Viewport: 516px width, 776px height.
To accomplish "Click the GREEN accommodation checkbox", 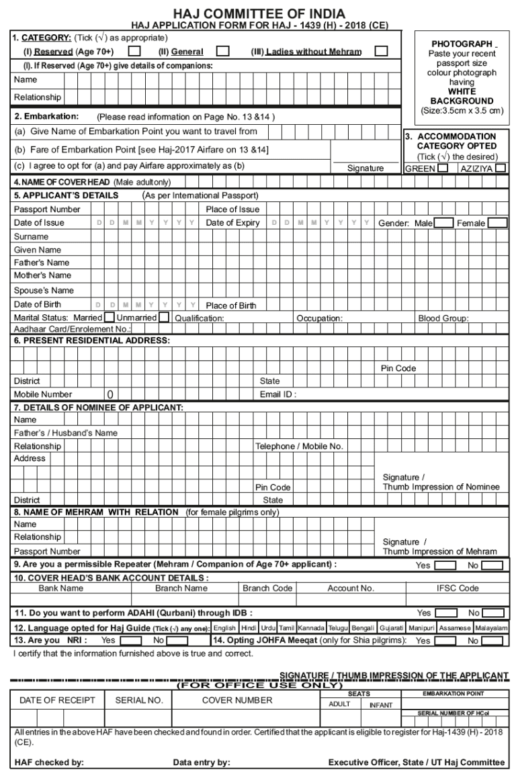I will [443, 168].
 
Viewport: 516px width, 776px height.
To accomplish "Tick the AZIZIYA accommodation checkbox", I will [500, 168].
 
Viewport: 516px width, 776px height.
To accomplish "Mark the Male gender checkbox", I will [443, 223].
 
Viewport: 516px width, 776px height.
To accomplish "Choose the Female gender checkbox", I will [498, 223].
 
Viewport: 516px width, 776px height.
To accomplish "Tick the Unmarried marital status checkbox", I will [163, 318].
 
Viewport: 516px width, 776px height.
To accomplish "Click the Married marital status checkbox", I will [109, 318].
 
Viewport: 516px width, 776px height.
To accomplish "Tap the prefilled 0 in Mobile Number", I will [110, 395].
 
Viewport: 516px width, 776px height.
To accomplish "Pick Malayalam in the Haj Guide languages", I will [491, 628].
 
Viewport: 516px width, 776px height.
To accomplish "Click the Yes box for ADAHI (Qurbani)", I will [446, 613].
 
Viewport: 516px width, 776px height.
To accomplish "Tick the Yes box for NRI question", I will [131, 641].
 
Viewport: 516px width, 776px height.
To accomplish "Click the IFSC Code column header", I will [458, 588].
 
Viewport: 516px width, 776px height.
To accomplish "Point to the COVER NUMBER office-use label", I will [237, 700].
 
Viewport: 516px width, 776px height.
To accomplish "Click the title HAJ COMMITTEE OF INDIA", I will [259, 13].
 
